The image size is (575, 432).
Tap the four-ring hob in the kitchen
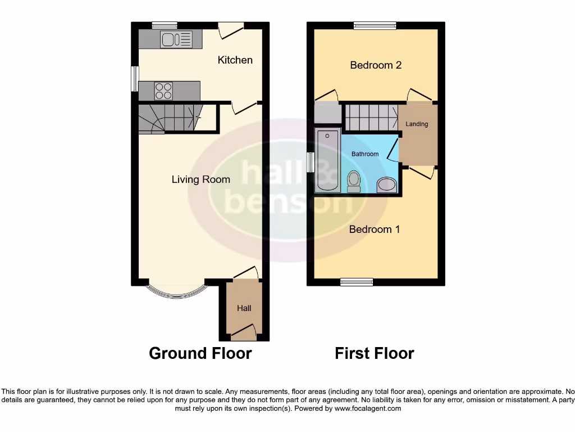coord(164,91)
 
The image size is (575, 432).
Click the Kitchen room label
coord(235,60)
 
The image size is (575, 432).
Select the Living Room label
coord(200,179)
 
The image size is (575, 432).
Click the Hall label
coord(244,308)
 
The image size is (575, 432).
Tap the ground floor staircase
coord(168,118)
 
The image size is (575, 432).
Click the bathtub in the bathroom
coord(327,161)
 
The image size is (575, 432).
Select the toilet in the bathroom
coord(354,181)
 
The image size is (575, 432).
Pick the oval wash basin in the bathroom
coord(386,184)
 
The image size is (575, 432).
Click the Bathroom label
coord(365,154)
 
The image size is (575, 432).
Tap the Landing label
coord(417,124)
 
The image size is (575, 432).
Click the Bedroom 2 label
coord(376,65)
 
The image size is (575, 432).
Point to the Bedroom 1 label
coord(375,229)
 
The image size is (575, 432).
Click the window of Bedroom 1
coord(357,282)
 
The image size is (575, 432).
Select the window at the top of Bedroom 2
coord(375,25)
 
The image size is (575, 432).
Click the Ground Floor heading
coord(200,353)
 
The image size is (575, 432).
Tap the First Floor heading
coord(375,353)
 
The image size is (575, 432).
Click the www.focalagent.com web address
coord(368,408)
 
